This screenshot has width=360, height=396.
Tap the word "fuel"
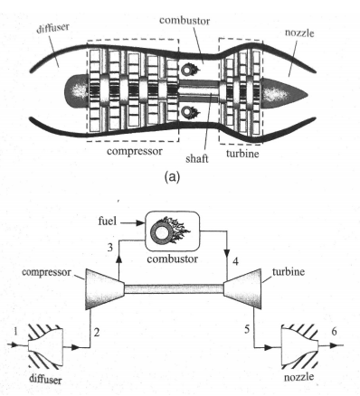(x=108, y=220)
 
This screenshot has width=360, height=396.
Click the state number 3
(x=109, y=247)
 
